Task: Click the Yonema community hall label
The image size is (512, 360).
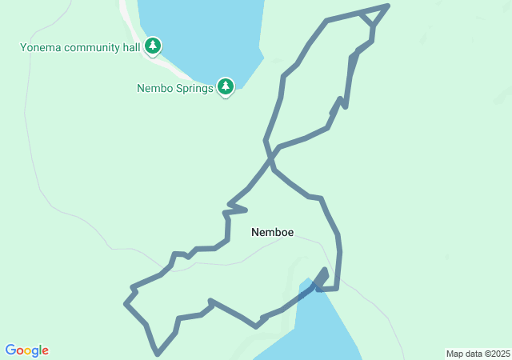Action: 79,47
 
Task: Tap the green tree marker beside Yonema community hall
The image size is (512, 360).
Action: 153,47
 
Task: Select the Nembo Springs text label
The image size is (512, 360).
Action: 174,88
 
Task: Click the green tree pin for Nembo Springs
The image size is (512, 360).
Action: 226,86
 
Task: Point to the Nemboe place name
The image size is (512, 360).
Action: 272,233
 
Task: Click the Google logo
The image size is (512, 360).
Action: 26,350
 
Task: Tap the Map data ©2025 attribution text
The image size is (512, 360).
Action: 478,354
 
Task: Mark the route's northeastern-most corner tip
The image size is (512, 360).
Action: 388,6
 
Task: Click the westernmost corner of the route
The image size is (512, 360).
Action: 126,303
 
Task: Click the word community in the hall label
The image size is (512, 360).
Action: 90,47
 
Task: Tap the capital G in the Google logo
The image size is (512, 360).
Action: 11,350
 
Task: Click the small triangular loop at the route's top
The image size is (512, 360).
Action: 372,20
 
